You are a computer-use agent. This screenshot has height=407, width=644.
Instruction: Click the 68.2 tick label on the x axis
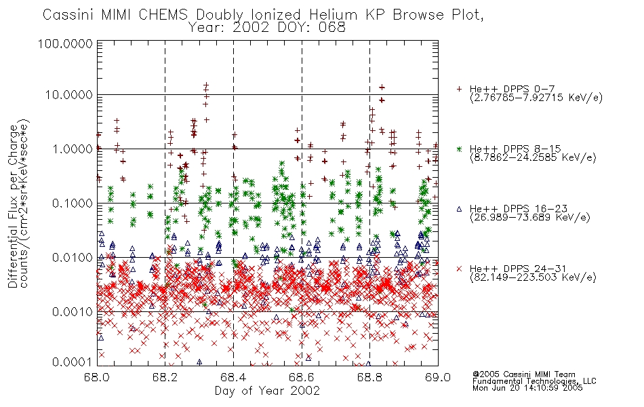(165, 377)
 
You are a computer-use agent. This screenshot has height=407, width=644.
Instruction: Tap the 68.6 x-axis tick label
(302, 377)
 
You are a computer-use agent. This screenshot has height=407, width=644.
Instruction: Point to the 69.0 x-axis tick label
(438, 377)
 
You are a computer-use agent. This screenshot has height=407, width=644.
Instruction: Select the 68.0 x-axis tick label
(96, 377)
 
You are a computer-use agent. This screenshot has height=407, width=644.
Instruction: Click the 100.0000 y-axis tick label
(65, 43)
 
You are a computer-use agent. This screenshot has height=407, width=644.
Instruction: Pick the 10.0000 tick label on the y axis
(69, 95)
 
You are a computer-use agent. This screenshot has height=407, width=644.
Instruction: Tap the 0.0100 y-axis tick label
(73, 258)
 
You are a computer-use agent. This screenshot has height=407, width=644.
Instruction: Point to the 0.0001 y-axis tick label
(73, 362)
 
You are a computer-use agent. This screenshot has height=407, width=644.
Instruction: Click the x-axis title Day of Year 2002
(267, 391)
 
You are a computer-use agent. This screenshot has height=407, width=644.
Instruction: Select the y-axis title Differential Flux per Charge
(13, 206)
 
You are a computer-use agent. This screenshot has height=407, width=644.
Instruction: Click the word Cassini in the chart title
(69, 15)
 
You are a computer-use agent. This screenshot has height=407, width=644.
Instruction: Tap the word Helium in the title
(334, 15)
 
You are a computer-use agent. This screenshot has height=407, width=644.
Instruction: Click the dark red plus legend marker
(459, 89)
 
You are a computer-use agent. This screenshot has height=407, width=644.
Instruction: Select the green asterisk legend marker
(459, 149)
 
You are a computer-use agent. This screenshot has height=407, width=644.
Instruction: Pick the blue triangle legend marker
(459, 209)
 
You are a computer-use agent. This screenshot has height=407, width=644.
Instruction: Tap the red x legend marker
(459, 269)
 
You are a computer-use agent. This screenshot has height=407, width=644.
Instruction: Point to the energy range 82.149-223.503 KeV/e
(533, 277)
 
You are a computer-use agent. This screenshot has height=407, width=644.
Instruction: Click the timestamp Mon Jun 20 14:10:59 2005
(527, 388)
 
